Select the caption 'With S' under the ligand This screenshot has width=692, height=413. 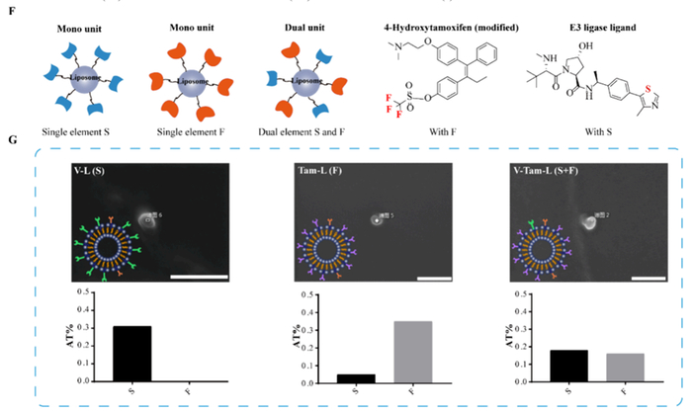pos(599,130)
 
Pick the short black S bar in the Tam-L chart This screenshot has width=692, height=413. pos(335,377)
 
